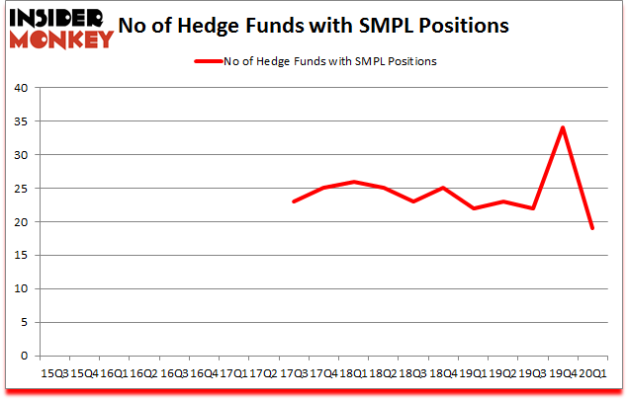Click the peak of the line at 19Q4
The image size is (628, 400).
(x=563, y=127)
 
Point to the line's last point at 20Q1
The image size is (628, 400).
(x=592, y=228)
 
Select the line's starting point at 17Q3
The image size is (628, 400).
(x=295, y=201)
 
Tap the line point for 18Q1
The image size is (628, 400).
(x=354, y=182)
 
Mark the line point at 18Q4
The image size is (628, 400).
(x=443, y=188)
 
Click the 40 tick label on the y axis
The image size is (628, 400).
(x=20, y=88)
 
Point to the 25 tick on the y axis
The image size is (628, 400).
(x=20, y=189)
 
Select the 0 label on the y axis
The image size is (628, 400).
(x=23, y=356)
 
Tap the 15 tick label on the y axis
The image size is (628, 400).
(x=20, y=256)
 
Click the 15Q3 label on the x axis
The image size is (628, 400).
(x=53, y=373)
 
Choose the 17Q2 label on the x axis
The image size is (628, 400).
(x=263, y=373)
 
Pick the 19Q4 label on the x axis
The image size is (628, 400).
(x=563, y=373)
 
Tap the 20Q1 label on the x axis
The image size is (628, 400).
(x=593, y=373)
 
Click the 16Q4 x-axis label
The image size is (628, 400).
(x=204, y=373)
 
